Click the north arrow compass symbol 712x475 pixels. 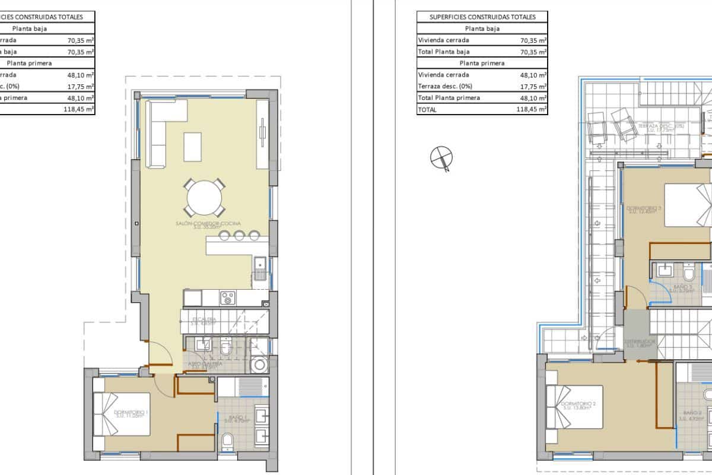pyautogui.click(x=441, y=157)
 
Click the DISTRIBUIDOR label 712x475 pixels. pyautogui.click(x=640, y=343)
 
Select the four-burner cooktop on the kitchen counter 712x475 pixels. pyautogui.click(x=228, y=297)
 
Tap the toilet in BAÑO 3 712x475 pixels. pyautogui.click(x=689, y=274)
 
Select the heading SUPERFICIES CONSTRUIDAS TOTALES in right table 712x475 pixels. pyautogui.click(x=482, y=17)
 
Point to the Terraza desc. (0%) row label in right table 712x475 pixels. pyautogui.click(x=445, y=86)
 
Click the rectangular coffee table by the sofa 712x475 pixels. pyautogui.click(x=193, y=147)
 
